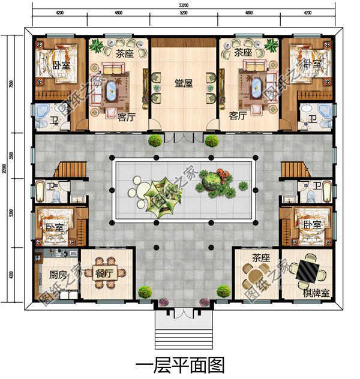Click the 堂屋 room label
pos(183,84)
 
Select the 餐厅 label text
pos(104,273)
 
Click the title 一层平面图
pos(179,363)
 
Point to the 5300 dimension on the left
pos(11,213)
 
